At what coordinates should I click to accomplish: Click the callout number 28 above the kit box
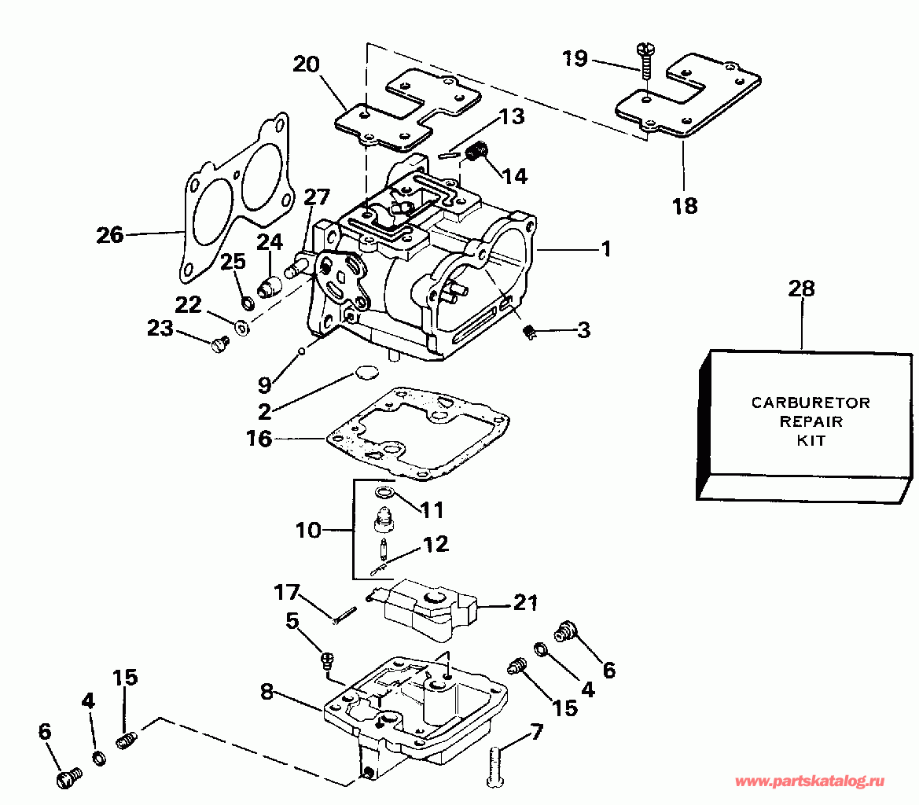coord(801,289)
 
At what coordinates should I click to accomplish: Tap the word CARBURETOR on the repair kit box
coord(811,402)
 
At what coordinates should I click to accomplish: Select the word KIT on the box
coord(811,440)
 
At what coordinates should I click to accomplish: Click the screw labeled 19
coord(646,61)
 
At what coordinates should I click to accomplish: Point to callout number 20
coord(306,64)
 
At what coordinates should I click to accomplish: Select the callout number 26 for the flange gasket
coord(109,235)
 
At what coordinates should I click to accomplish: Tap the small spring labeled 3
coord(529,333)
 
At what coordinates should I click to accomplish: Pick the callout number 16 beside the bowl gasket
coord(259,438)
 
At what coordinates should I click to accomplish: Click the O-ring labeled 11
coord(384,491)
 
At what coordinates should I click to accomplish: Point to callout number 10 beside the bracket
coord(308,530)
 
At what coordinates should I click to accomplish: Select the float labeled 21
coord(427,610)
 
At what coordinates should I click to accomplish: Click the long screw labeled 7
coord(495,765)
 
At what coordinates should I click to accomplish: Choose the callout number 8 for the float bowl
coord(267,692)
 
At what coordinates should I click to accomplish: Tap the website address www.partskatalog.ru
coord(810,781)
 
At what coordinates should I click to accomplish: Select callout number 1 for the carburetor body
coord(606,249)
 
